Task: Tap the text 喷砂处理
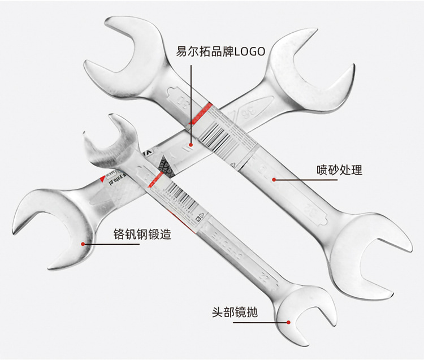tap(339, 170)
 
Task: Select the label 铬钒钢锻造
tap(142, 234)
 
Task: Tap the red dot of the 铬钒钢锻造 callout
tap(83, 244)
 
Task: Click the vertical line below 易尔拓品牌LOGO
tap(191, 102)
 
